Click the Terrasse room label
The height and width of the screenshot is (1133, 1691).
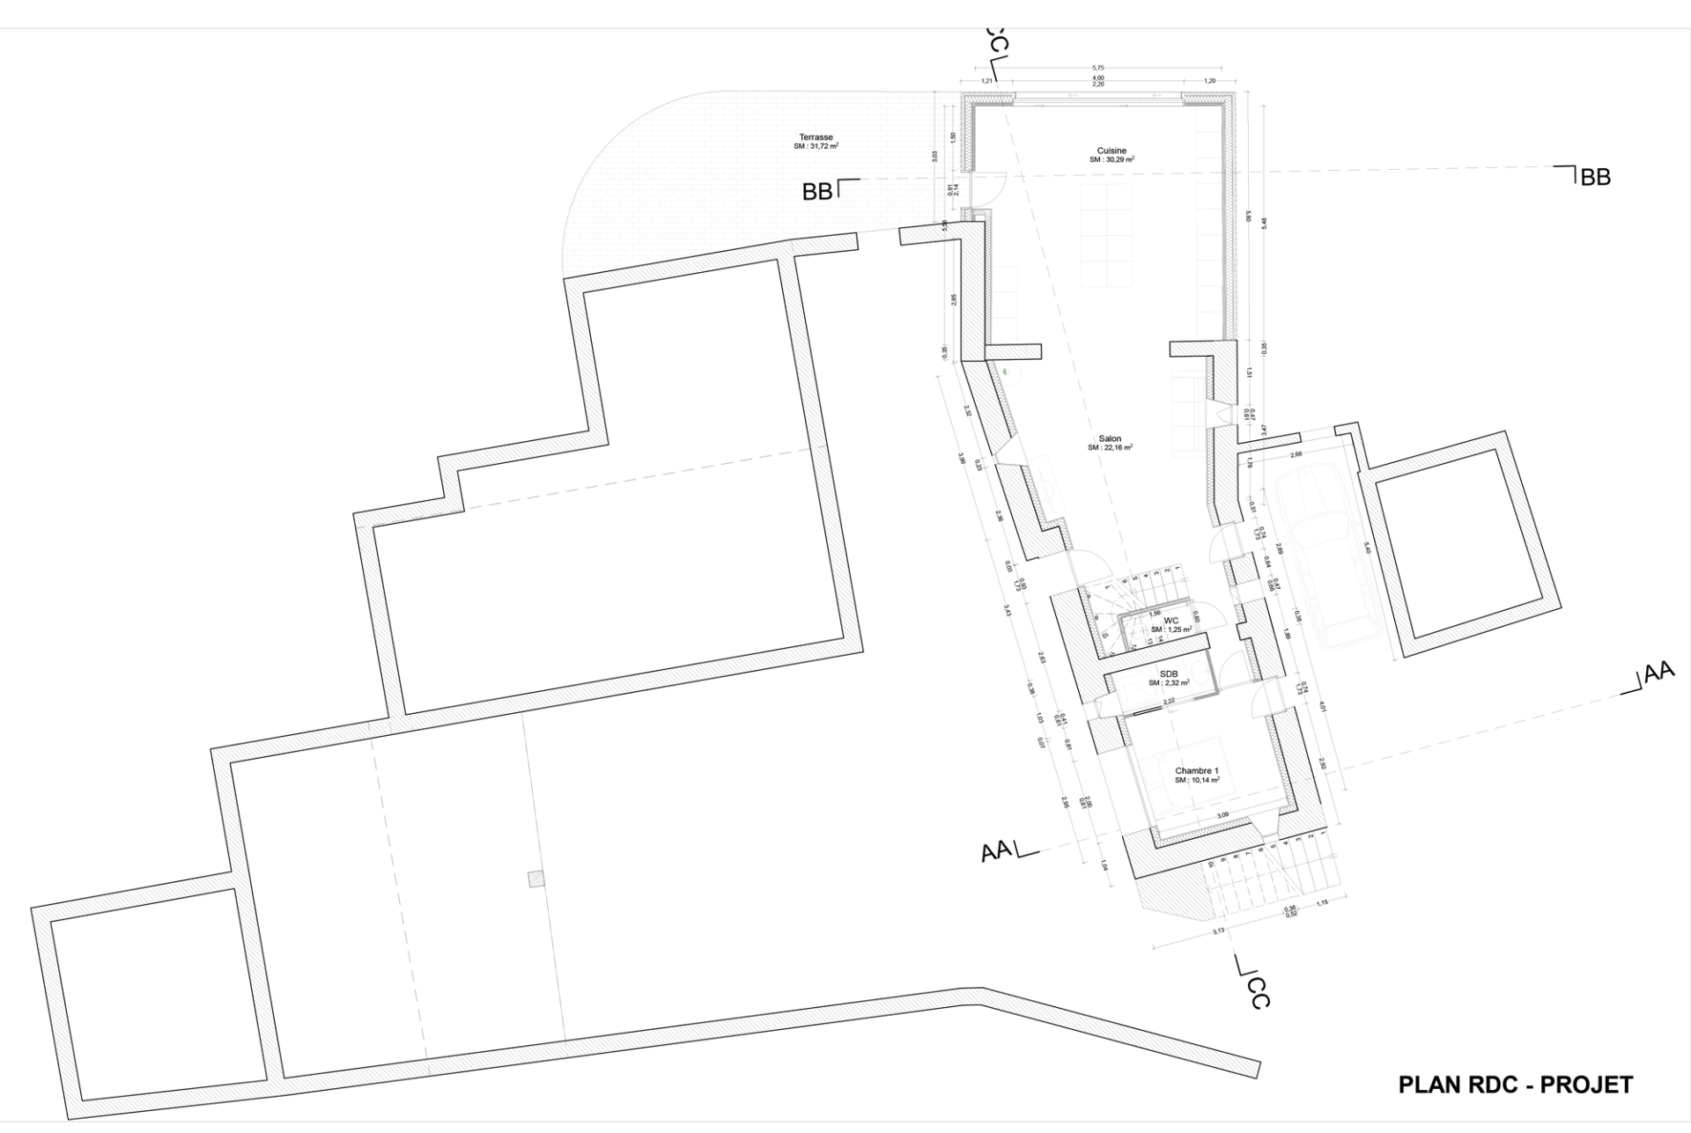pos(816,137)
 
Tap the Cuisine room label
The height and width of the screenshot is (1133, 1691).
pos(1111,151)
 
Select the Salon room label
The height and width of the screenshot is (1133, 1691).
pos(1110,438)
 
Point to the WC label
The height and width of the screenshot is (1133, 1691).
pos(1171,621)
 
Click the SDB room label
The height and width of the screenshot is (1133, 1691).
pos(1169,673)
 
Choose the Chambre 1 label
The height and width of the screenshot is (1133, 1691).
pos(1196,771)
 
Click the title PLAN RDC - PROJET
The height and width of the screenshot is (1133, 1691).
pos(1515,1085)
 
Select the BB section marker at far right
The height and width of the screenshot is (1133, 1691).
pos(1595,177)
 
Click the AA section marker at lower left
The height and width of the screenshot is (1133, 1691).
pos(997,851)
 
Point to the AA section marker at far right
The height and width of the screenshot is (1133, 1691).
pos(1658,673)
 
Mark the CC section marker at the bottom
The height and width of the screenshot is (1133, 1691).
pos(1259,993)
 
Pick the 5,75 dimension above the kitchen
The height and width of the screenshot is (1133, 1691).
pos(1097,67)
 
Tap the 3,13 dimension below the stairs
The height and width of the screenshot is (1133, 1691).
pos(1218,931)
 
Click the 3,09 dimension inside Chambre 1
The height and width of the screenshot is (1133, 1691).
pos(1222,815)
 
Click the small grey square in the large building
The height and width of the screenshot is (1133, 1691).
pos(535,878)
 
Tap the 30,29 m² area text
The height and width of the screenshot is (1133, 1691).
pos(1111,160)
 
